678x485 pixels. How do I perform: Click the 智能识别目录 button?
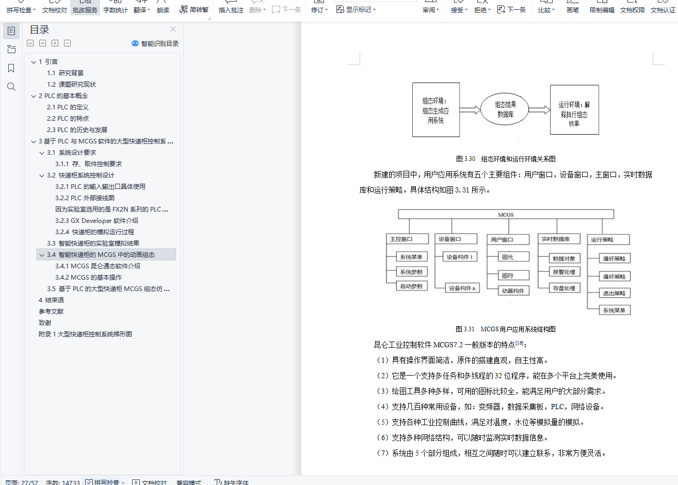tap(155, 43)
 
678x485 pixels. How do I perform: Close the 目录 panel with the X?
tap(173, 29)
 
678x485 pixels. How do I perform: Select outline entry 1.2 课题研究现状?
tap(71, 85)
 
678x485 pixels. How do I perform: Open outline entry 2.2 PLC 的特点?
tap(68, 118)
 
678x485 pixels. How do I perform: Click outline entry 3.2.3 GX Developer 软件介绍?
tap(96, 221)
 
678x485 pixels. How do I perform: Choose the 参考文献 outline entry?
tap(51, 311)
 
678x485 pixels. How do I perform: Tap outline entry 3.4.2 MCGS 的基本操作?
tap(88, 277)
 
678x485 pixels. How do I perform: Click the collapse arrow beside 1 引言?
tap(34, 62)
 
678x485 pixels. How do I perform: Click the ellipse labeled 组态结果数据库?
tap(505, 109)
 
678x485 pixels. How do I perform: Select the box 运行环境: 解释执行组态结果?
tap(574, 109)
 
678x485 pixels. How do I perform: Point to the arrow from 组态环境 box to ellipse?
tap(470, 109)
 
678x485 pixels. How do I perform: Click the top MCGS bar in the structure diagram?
tap(506, 214)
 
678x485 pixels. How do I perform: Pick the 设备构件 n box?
tap(462, 288)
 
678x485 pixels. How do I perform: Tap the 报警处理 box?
tap(564, 272)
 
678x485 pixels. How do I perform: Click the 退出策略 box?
tap(614, 293)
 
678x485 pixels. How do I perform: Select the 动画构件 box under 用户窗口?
tap(513, 290)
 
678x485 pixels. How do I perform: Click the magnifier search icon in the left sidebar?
tap(11, 87)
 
